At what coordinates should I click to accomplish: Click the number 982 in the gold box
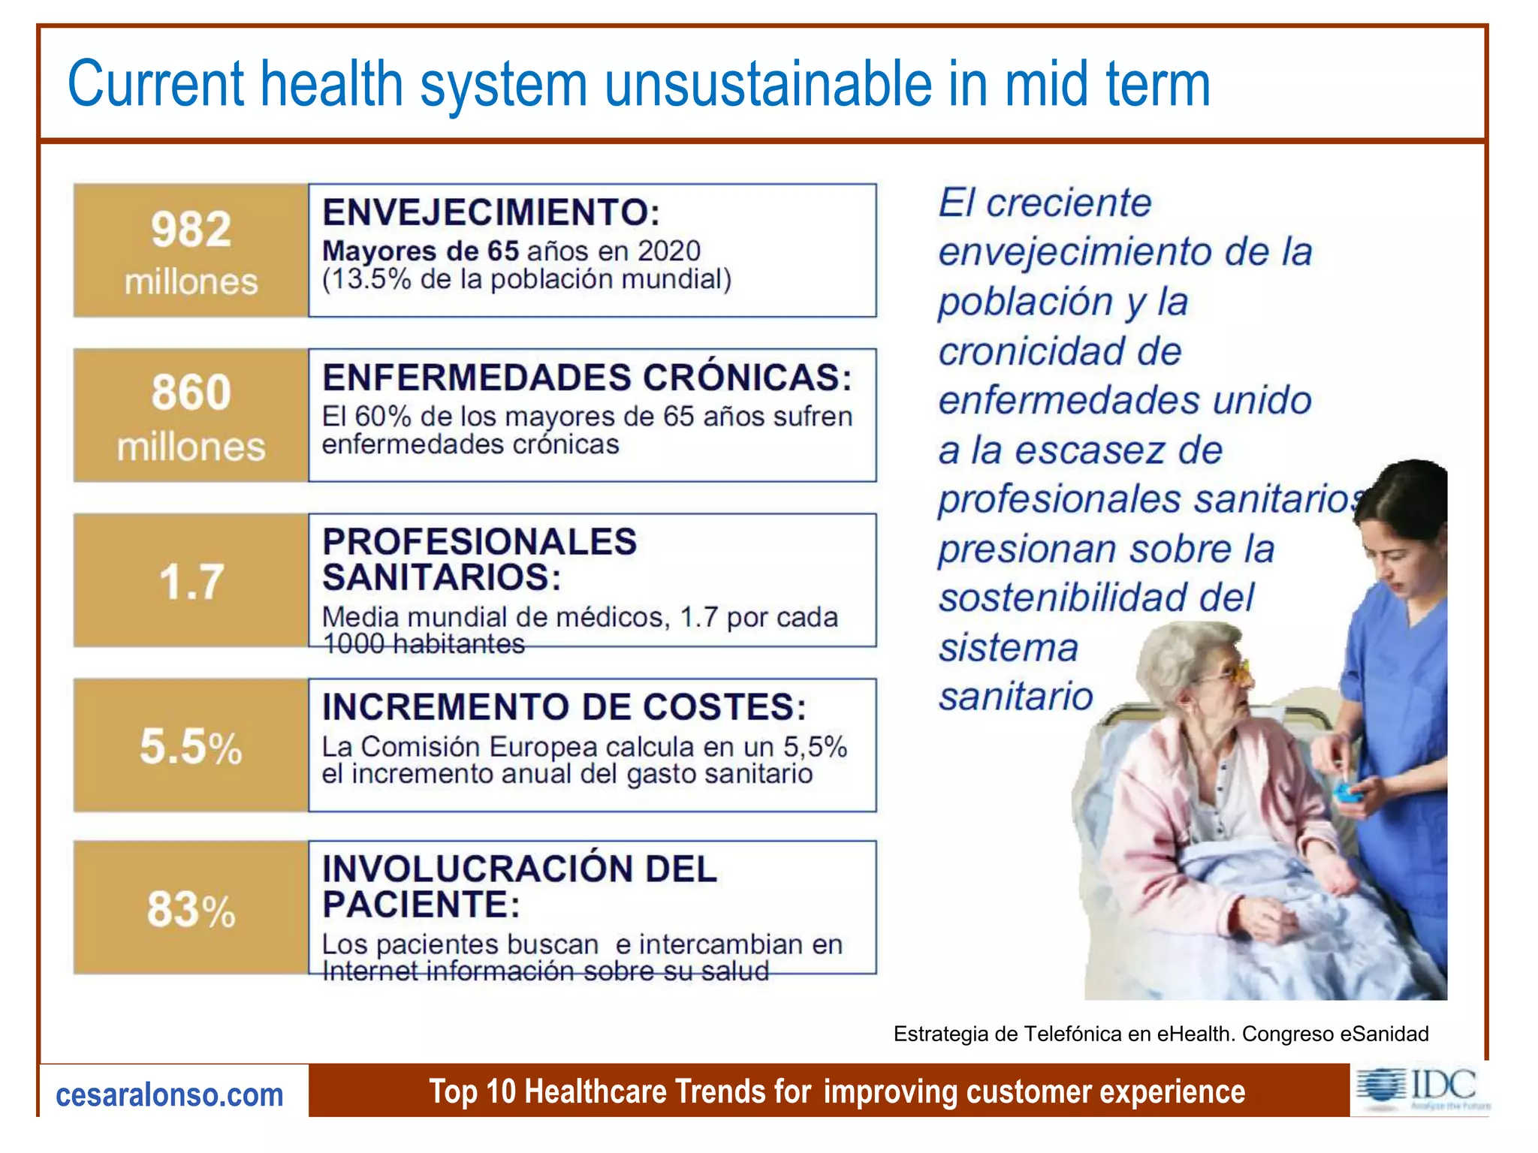pyautogui.click(x=191, y=229)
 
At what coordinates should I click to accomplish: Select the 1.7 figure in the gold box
pyautogui.click(x=191, y=581)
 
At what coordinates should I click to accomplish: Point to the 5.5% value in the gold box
pyautogui.click(x=191, y=747)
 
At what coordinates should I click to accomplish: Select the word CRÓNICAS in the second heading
pyautogui.click(x=747, y=377)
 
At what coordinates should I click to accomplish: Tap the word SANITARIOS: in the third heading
pyautogui.click(x=442, y=577)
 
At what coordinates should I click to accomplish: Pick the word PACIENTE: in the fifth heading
pyautogui.click(x=421, y=904)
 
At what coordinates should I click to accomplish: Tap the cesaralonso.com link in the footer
pyautogui.click(x=170, y=1095)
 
